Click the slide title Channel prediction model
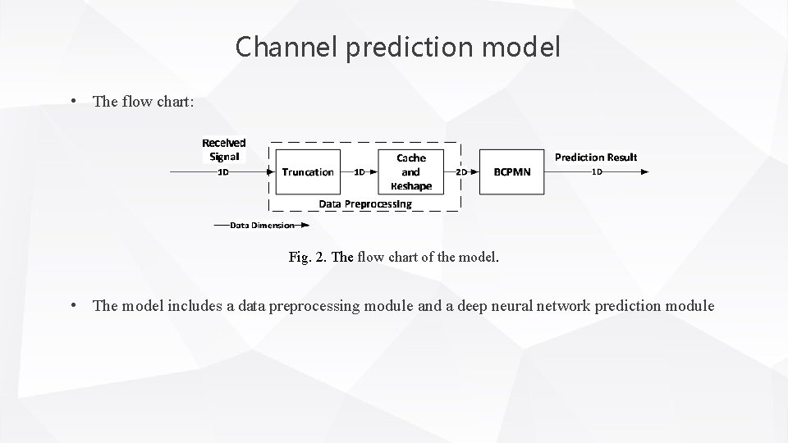pos(398,47)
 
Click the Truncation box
pos(307,171)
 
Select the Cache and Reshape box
pos(410,171)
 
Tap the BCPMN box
pos(511,171)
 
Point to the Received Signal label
pos(224,149)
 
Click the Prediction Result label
pos(596,157)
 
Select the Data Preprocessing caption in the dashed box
pos(365,203)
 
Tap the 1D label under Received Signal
pos(222,172)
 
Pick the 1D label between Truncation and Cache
pos(359,172)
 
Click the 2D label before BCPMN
pos(461,172)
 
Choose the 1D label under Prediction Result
pos(597,172)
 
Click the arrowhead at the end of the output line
pos(644,172)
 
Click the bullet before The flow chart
pos(74,101)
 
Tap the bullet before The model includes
pos(74,306)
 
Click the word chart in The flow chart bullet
pos(176,101)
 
